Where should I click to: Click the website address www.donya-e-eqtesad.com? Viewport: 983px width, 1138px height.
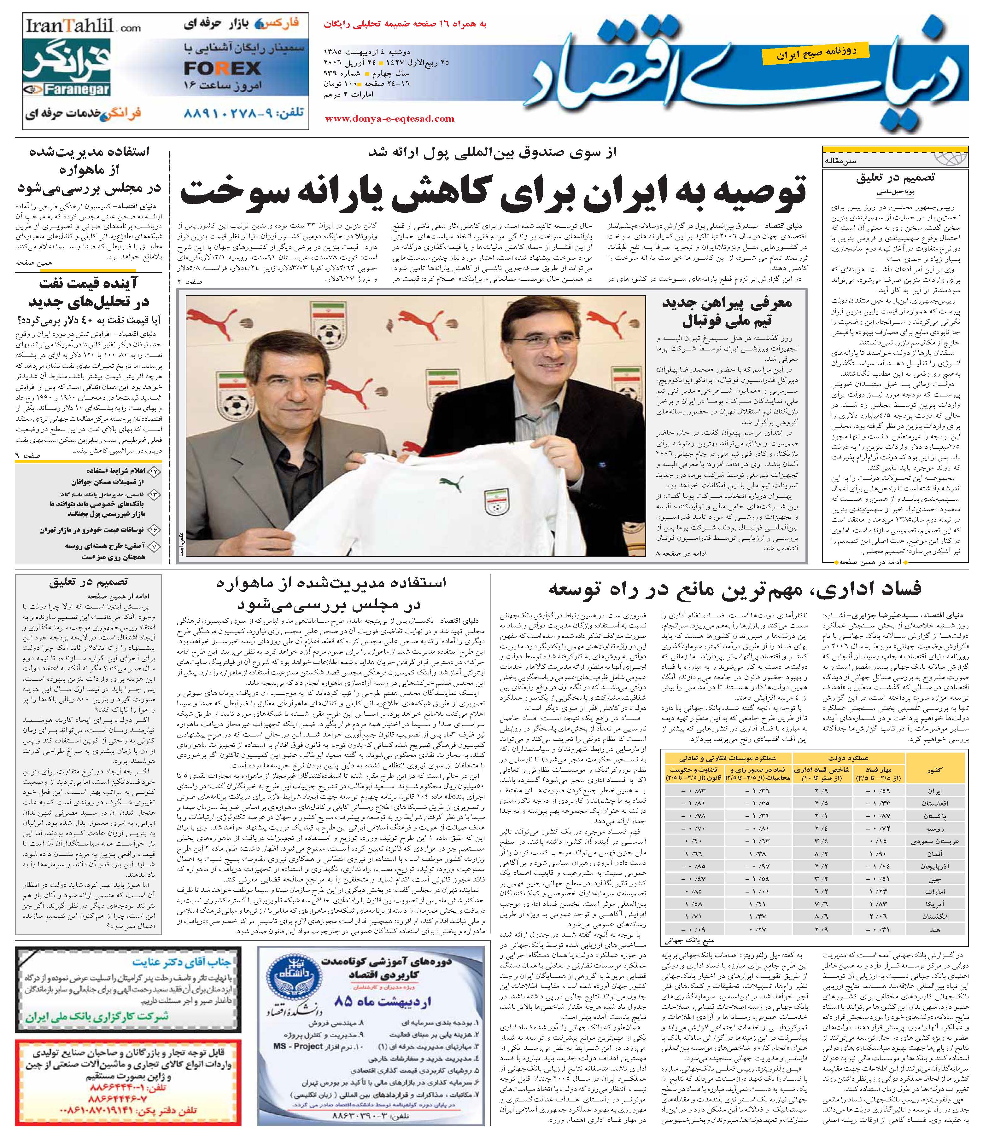(x=389, y=118)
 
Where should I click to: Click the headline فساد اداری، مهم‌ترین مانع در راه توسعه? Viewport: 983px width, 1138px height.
(x=734, y=589)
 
